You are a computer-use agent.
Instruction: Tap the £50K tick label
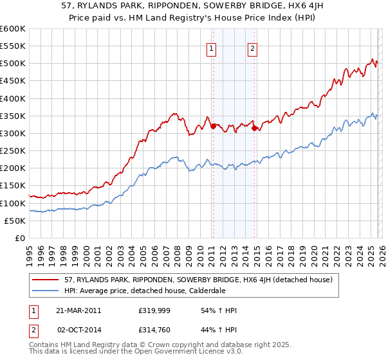(x=14, y=221)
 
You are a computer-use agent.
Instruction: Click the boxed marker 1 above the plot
(x=212, y=48)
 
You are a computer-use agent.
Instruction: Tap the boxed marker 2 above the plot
(x=252, y=48)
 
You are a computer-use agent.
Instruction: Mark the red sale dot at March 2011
(x=213, y=126)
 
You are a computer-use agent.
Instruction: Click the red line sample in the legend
(x=46, y=280)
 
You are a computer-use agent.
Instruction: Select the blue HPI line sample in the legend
(x=46, y=291)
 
